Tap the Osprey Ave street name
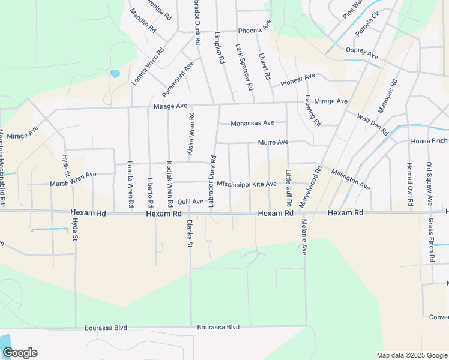tap(361, 53)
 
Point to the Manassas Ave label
tap(253, 123)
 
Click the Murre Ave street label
tap(273, 142)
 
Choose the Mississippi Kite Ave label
tap(247, 184)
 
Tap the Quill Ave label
tap(190, 202)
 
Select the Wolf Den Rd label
tap(373, 124)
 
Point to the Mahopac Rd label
tap(388, 97)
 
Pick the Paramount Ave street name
tap(178, 79)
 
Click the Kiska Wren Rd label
tap(191, 134)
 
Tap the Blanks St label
tap(189, 233)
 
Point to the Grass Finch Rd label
tap(431, 240)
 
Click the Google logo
tap(20, 353)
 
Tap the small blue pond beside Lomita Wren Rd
tap(115, 74)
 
